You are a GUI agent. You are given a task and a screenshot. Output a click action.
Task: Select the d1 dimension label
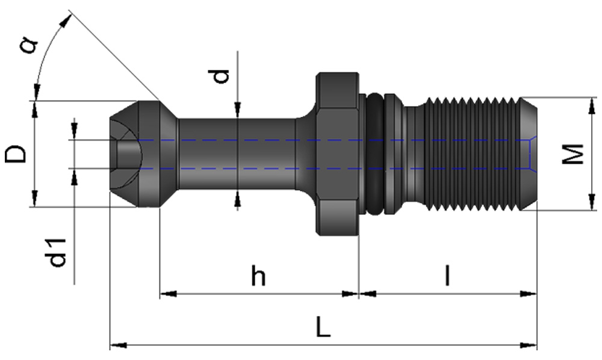[x=57, y=252]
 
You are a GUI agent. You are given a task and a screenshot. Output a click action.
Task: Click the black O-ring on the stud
[x=374, y=154]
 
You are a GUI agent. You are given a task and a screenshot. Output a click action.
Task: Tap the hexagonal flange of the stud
[x=337, y=154]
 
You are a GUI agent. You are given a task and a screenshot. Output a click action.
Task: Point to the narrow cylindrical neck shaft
[x=238, y=154]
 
